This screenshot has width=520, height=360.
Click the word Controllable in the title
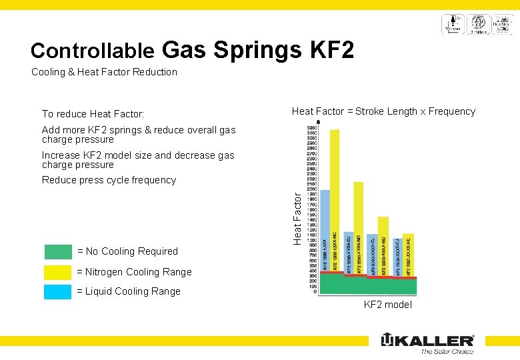(x=93, y=51)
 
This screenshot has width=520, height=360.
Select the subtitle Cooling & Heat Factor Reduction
(x=104, y=72)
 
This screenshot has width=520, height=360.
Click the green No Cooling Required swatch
(x=58, y=251)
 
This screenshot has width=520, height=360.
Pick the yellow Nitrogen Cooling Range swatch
(x=58, y=272)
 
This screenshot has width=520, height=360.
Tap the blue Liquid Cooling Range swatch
(x=58, y=291)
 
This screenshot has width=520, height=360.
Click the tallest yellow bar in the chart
(x=335, y=200)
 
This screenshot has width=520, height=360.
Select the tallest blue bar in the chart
(x=325, y=230)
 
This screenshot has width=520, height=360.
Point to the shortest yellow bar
(x=408, y=253)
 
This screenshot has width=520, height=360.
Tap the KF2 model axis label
(x=387, y=305)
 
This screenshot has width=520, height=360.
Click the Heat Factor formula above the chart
(x=383, y=111)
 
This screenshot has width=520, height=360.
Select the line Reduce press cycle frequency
(x=109, y=180)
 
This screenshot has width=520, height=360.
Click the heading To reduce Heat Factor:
(x=93, y=114)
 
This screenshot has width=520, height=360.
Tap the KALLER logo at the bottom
(x=427, y=340)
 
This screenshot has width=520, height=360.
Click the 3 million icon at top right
(x=478, y=24)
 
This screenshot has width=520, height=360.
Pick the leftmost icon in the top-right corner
(x=452, y=24)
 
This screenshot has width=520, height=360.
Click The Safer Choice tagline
(x=447, y=351)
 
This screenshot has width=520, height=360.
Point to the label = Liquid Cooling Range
(x=129, y=291)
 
